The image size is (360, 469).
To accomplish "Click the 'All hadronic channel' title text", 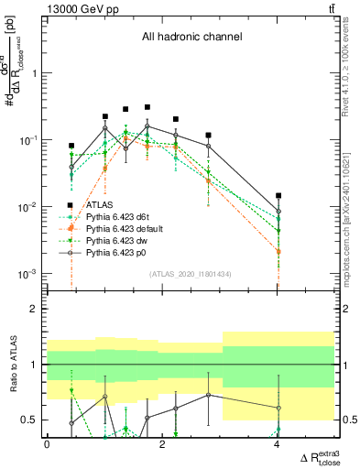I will tap(191, 37).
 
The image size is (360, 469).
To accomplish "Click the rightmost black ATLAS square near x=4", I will tap(278, 195).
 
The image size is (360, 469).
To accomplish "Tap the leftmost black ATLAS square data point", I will tap(71, 146).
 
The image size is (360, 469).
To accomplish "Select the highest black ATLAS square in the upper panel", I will tap(147, 107).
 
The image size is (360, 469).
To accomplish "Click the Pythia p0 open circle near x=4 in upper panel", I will tap(278, 212).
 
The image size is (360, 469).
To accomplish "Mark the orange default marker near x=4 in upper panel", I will tap(278, 251).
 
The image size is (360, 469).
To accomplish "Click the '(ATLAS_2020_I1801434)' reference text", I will tap(190, 274).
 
